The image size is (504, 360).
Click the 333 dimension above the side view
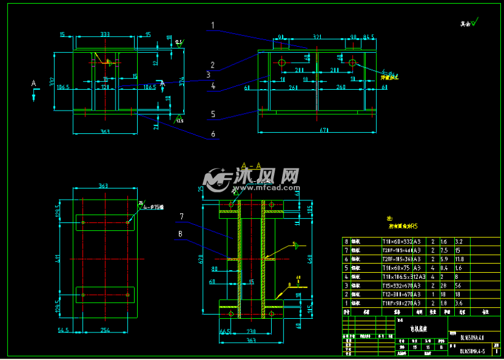[x=105, y=34]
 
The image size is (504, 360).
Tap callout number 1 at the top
[x=213, y=26]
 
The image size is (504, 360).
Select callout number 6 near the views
[x=213, y=134]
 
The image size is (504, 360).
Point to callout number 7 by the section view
[x=182, y=216]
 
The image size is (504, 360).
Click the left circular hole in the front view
[x=282, y=63]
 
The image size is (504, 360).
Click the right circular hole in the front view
[x=352, y=63]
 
